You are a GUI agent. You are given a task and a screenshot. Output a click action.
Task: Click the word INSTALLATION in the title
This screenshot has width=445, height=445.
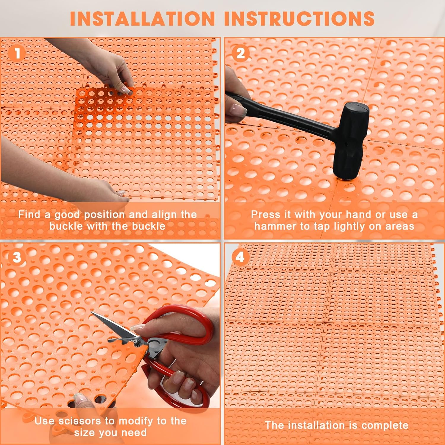click(x=142, y=18)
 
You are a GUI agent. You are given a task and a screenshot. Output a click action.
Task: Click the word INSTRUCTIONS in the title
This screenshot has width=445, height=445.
click(x=299, y=18)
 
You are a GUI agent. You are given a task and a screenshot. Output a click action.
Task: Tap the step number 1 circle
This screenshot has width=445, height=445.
click(x=17, y=54)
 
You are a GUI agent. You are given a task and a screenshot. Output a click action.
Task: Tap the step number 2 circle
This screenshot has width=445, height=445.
click(x=240, y=54)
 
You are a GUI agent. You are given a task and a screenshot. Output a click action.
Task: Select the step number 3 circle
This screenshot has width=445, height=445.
click(x=17, y=257)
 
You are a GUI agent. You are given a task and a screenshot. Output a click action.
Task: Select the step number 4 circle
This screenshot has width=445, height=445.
click(x=240, y=257)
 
